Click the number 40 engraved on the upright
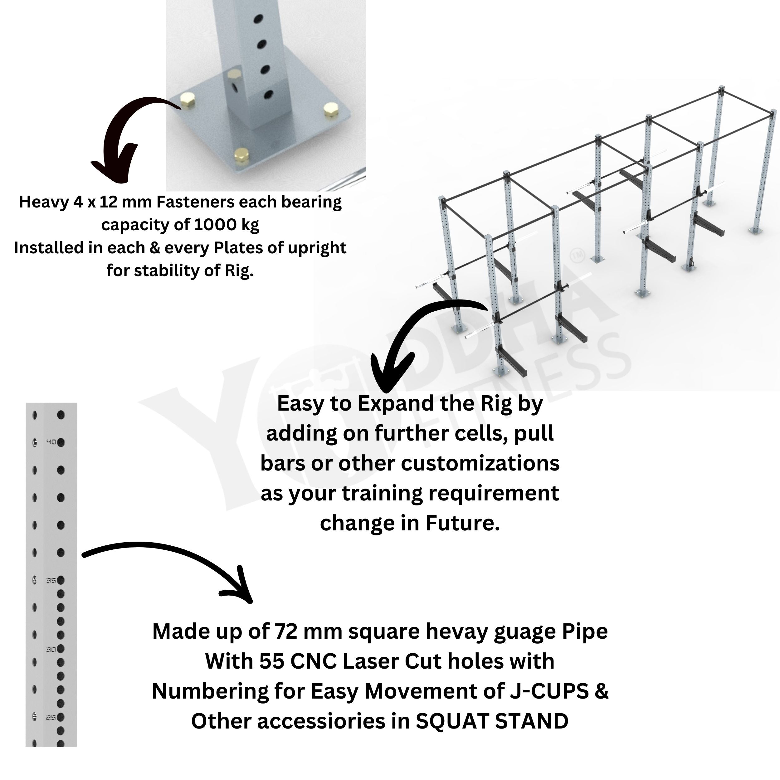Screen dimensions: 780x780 click(x=51, y=442)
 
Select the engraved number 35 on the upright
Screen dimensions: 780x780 click(x=51, y=580)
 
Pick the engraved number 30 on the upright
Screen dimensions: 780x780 click(x=51, y=650)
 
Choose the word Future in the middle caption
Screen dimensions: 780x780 click(x=462, y=523)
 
